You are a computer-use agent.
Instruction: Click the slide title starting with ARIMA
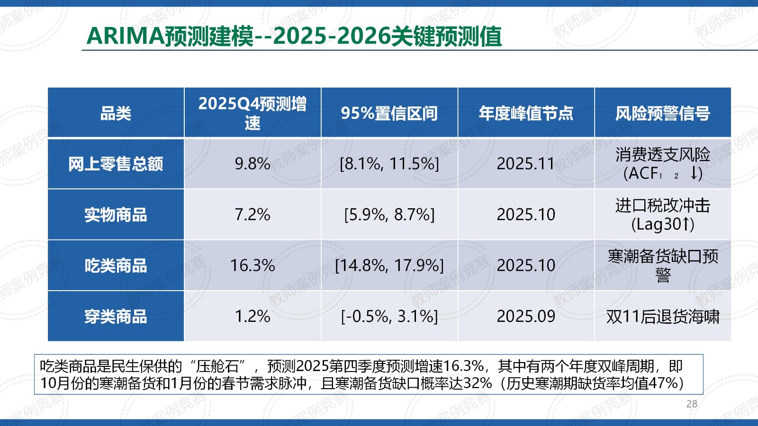[294, 36]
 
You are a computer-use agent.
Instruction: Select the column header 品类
[116, 113]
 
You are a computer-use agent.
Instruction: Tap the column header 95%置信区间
[389, 113]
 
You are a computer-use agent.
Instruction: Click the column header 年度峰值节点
[526, 113]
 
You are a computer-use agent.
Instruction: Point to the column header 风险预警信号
[662, 113]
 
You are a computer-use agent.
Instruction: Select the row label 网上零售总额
[116, 164]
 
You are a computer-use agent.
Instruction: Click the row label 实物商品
[116, 214]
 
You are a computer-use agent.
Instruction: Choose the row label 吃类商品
[116, 266]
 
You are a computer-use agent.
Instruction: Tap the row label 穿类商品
[116, 316]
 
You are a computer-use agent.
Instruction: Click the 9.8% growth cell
[253, 164]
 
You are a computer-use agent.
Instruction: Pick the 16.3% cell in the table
[253, 266]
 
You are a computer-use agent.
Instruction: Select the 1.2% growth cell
[253, 316]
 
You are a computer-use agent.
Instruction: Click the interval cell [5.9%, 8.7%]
[389, 214]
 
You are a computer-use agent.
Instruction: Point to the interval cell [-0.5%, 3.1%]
[389, 316]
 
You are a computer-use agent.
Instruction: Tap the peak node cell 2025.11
[526, 164]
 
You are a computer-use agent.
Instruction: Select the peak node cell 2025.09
[526, 316]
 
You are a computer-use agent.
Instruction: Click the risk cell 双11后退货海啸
[662, 316]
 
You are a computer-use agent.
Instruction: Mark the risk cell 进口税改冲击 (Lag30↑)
[662, 214]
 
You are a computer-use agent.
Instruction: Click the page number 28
[692, 404]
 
